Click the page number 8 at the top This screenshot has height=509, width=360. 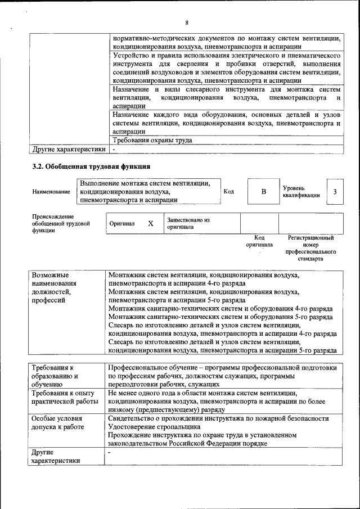point(186,22)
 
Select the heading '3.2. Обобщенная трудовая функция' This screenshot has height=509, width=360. point(91,166)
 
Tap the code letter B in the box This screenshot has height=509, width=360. point(263,192)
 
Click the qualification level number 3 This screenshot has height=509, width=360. point(335,192)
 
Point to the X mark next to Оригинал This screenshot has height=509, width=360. point(150,223)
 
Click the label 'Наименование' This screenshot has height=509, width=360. point(51,192)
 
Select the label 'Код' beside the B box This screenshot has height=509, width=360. point(228,191)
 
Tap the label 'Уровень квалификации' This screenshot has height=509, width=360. point(301,191)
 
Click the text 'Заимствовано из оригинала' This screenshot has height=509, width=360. point(187,223)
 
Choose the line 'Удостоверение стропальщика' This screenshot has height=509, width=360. point(154,427)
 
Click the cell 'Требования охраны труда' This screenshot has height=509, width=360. point(152,140)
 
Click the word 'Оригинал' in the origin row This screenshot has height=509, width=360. point(122,223)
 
